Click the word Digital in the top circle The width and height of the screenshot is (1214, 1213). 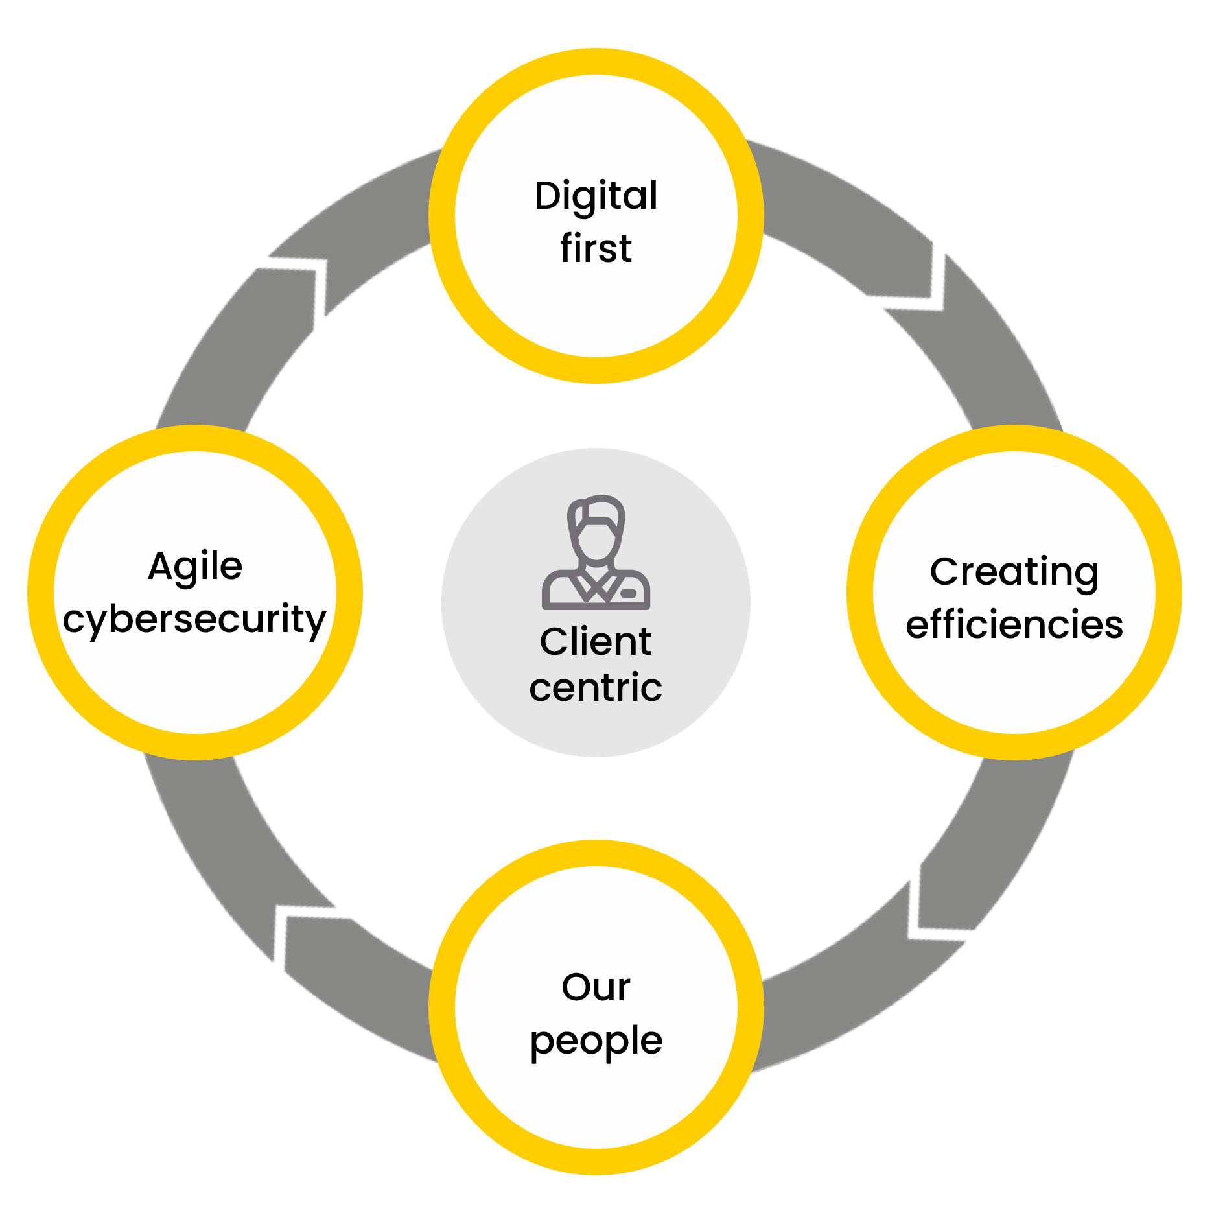tap(596, 196)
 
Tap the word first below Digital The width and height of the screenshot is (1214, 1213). tap(596, 248)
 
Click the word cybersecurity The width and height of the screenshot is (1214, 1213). tap(194, 619)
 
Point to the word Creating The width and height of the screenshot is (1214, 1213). tap(1014, 572)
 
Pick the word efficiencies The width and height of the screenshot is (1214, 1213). tap(1014, 624)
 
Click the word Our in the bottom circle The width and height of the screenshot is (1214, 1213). tap(596, 987)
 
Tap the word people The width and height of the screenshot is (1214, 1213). tap(596, 1041)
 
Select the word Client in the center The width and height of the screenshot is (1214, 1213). tap(596, 642)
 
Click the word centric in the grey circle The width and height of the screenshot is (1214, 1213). tap(596, 687)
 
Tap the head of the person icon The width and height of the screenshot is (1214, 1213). tap(596, 528)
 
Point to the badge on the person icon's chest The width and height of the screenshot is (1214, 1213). tap(628, 593)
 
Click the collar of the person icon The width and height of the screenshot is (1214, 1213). tap(596, 583)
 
